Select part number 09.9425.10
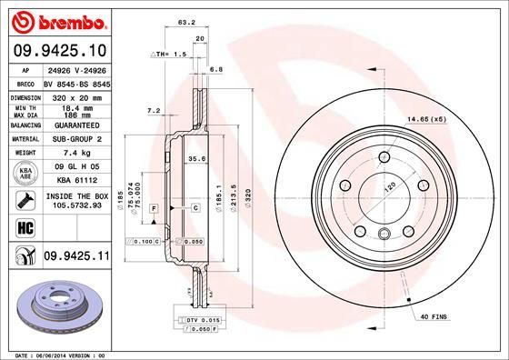tap(59, 51)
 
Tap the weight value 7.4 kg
tap(76, 153)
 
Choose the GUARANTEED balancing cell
tap(77, 126)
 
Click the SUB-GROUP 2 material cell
tap(77, 139)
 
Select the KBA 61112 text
tap(76, 181)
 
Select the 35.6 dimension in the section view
tap(195, 158)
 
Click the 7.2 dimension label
tap(153, 110)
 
